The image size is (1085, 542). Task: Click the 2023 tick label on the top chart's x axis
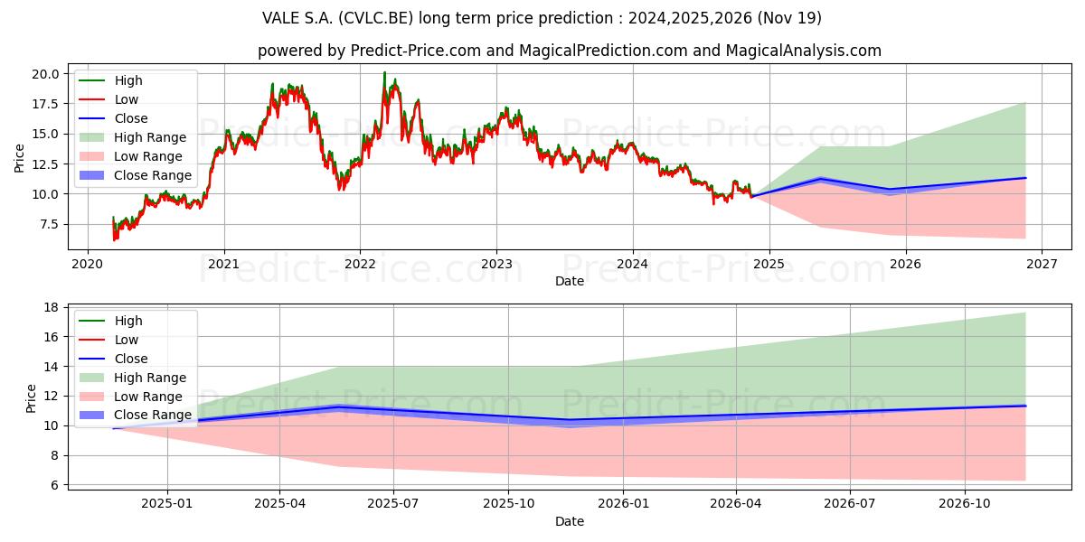point(495,264)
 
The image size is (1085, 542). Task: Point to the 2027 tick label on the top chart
point(1041,264)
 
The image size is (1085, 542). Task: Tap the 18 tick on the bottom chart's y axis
point(52,307)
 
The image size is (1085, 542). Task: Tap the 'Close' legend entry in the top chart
point(131,118)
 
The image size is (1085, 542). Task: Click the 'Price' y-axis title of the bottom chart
point(32,397)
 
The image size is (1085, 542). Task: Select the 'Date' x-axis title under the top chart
point(570,281)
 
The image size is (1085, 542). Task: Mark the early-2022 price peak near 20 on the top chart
point(384,73)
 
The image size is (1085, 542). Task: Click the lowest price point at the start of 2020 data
point(114,240)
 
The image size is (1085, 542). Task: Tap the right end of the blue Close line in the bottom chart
point(1025,406)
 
